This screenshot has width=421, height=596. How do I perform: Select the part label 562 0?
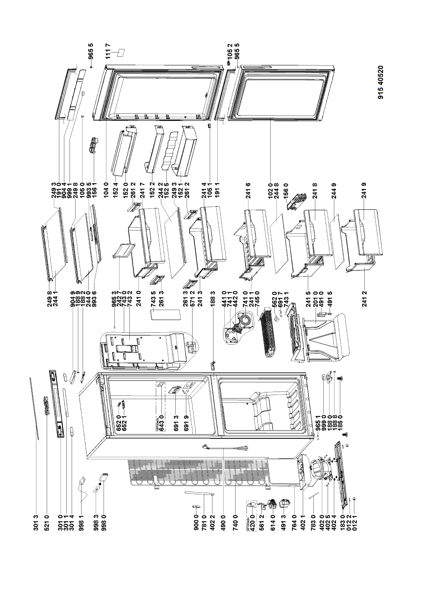coord(272,303)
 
